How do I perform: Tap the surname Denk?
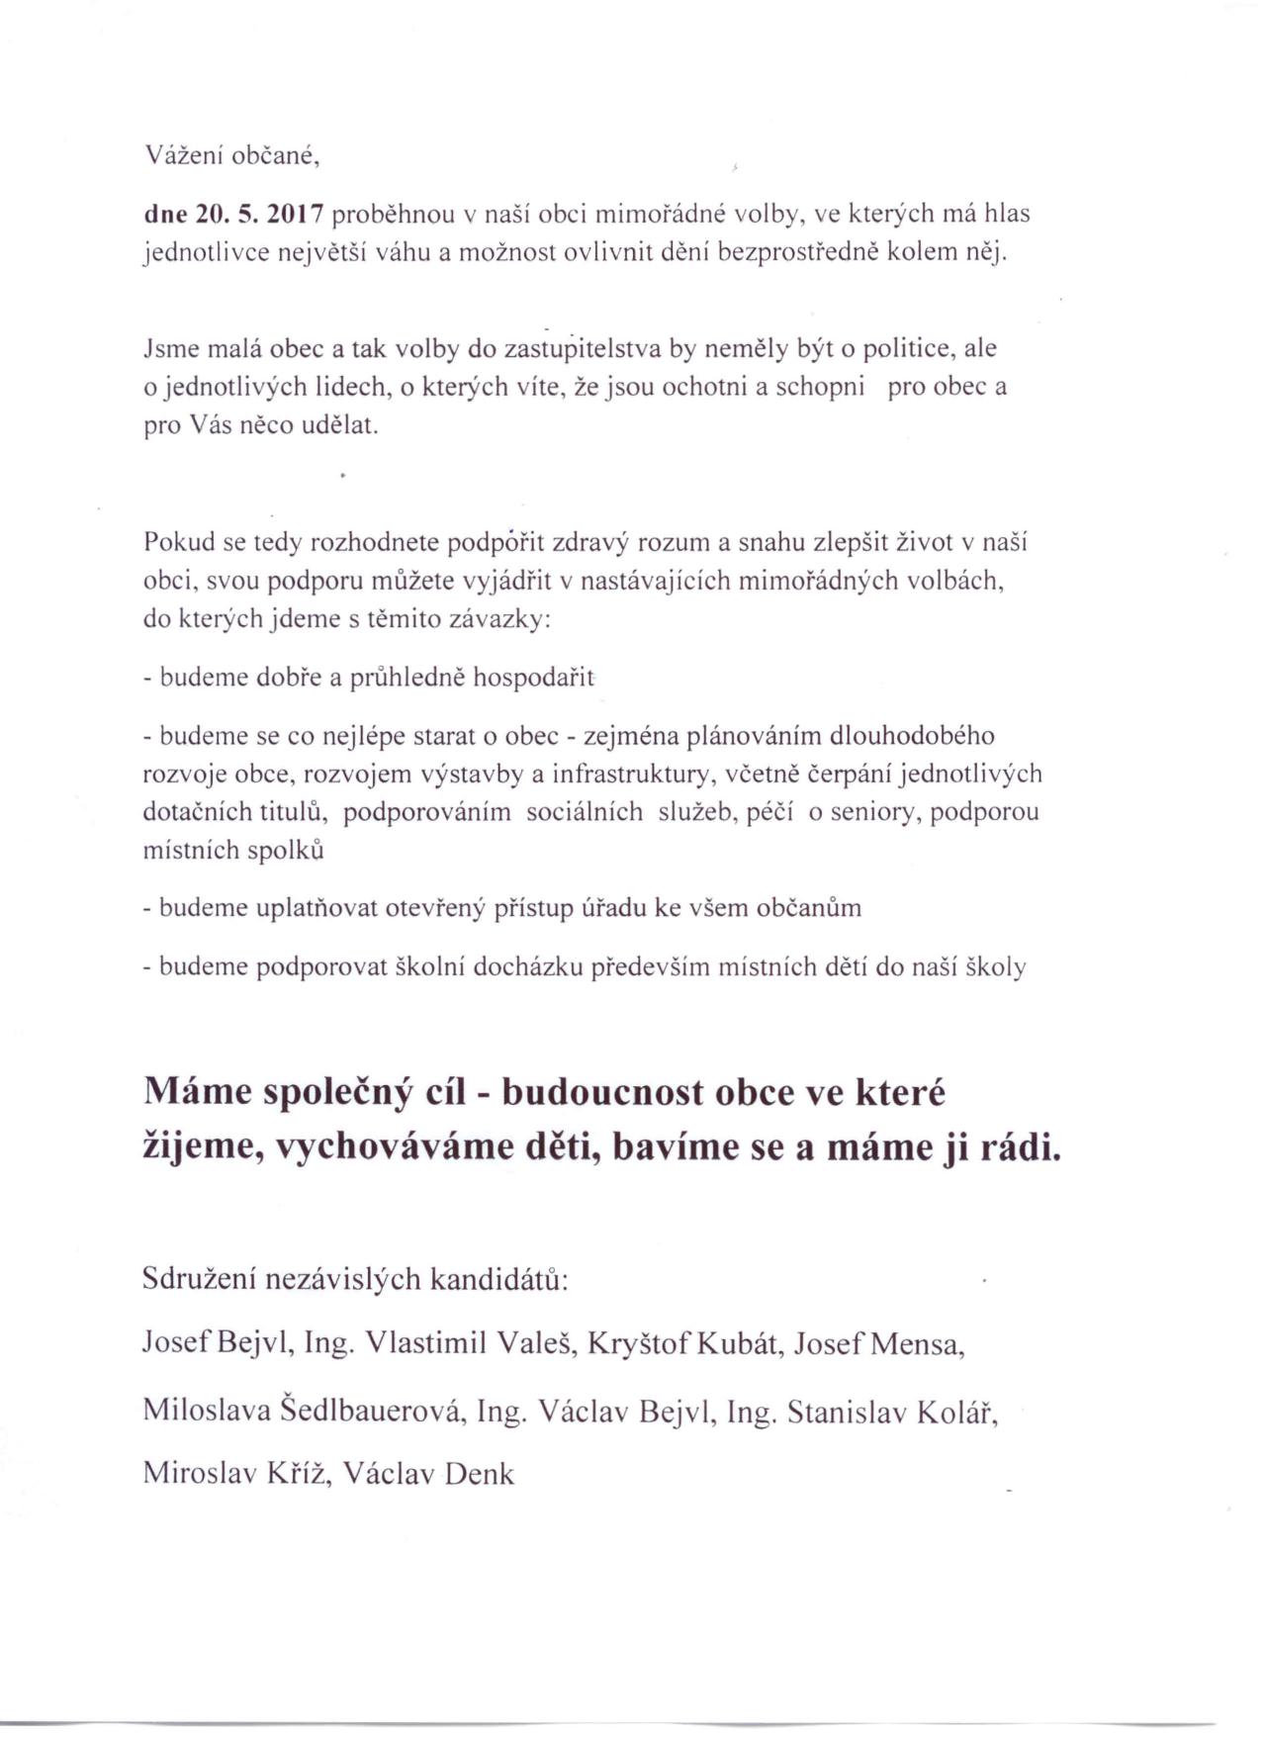[480, 1475]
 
